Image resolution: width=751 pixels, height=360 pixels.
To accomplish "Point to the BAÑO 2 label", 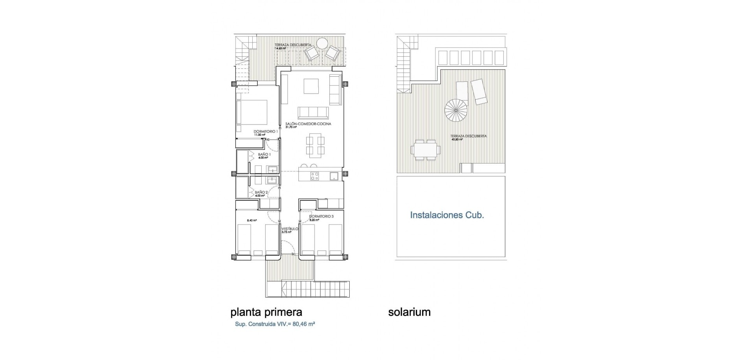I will pos(261,192).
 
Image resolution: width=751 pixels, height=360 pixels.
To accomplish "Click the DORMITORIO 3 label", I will pos(321,216).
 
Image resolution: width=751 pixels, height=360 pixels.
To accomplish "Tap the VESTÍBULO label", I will pos(290,229).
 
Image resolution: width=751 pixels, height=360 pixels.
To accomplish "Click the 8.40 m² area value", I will pos(252,220).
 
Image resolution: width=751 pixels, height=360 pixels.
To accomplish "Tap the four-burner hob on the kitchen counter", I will pos(314,176).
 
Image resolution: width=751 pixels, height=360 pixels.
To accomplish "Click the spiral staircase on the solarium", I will pos(456,110).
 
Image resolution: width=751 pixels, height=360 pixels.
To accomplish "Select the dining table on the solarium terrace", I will pos(426,150).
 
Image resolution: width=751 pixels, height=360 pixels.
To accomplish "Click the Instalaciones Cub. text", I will pos(447,215).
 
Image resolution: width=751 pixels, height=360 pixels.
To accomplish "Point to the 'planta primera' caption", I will pos(266,312).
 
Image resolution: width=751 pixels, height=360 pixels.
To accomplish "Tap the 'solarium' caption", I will pos(409,312).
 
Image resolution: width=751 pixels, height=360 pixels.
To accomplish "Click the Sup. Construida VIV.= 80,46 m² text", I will pos(275,324).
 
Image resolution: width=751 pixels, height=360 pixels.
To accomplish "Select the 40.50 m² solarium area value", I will pos(457,139).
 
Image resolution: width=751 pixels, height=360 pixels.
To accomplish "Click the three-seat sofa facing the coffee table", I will pos(313,112).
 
